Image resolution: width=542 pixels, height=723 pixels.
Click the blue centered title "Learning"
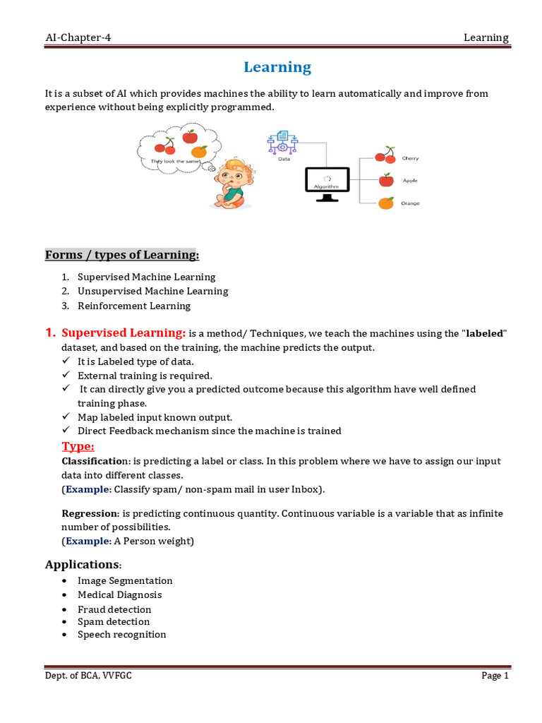(x=277, y=67)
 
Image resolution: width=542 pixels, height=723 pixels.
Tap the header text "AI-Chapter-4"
(x=78, y=38)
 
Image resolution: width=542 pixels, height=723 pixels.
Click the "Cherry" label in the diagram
(x=410, y=158)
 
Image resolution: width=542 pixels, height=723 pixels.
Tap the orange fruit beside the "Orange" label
(x=385, y=203)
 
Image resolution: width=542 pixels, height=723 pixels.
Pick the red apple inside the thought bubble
(x=189, y=136)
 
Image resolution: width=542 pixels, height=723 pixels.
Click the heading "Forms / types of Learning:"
(x=122, y=254)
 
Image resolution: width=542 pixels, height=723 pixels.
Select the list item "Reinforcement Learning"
(x=134, y=306)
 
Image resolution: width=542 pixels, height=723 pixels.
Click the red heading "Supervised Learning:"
(x=124, y=333)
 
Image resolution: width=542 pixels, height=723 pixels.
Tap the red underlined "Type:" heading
(x=78, y=446)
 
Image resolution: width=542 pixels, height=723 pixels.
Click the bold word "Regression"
(x=89, y=513)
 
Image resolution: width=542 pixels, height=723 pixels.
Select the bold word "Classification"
(x=95, y=460)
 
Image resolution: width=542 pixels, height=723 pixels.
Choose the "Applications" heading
(x=82, y=564)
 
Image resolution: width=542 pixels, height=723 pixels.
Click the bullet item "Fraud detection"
(x=114, y=609)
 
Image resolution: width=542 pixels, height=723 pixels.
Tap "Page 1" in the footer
(x=495, y=676)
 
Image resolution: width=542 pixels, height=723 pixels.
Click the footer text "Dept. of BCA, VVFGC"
(x=88, y=676)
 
